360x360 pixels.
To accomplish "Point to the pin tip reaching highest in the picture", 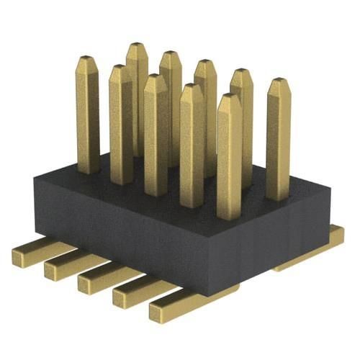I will point(137,48).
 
